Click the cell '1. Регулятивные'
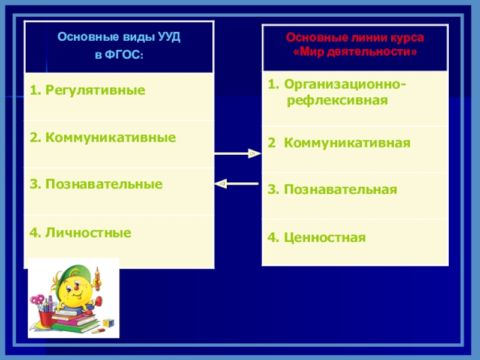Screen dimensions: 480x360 [88, 90]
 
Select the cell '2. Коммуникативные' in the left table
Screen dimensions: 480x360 [103, 137]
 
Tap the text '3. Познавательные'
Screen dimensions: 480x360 [96, 184]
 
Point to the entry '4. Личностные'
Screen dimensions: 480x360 [80, 231]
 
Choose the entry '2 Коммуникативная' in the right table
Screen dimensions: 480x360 [339, 143]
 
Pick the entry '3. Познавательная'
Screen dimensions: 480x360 [332, 190]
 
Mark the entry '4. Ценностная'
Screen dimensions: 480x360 [316, 237]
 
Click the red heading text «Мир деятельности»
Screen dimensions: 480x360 [355, 52]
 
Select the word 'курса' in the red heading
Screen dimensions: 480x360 [409, 38]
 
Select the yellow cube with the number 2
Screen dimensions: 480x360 [107, 322]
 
